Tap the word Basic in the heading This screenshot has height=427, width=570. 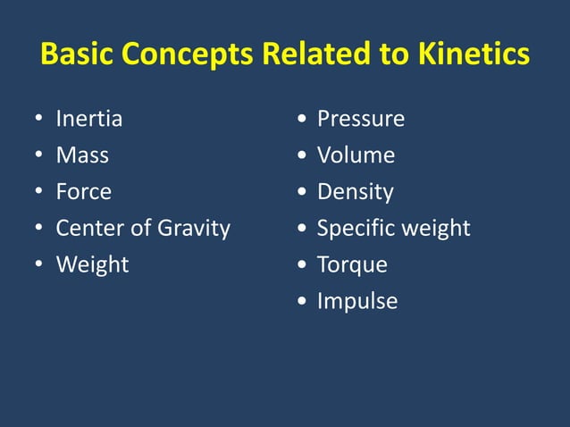tap(78, 55)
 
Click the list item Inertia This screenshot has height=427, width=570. tap(89, 119)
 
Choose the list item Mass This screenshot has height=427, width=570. tap(82, 155)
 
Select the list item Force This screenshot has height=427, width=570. tap(84, 192)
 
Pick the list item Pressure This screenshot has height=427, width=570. tap(361, 119)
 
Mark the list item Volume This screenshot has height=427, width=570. tap(356, 155)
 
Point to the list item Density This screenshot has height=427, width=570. tap(355, 192)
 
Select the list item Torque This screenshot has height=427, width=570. tap(352, 265)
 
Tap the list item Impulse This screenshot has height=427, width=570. tap(357, 302)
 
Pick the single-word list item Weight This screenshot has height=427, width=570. tap(92, 265)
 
